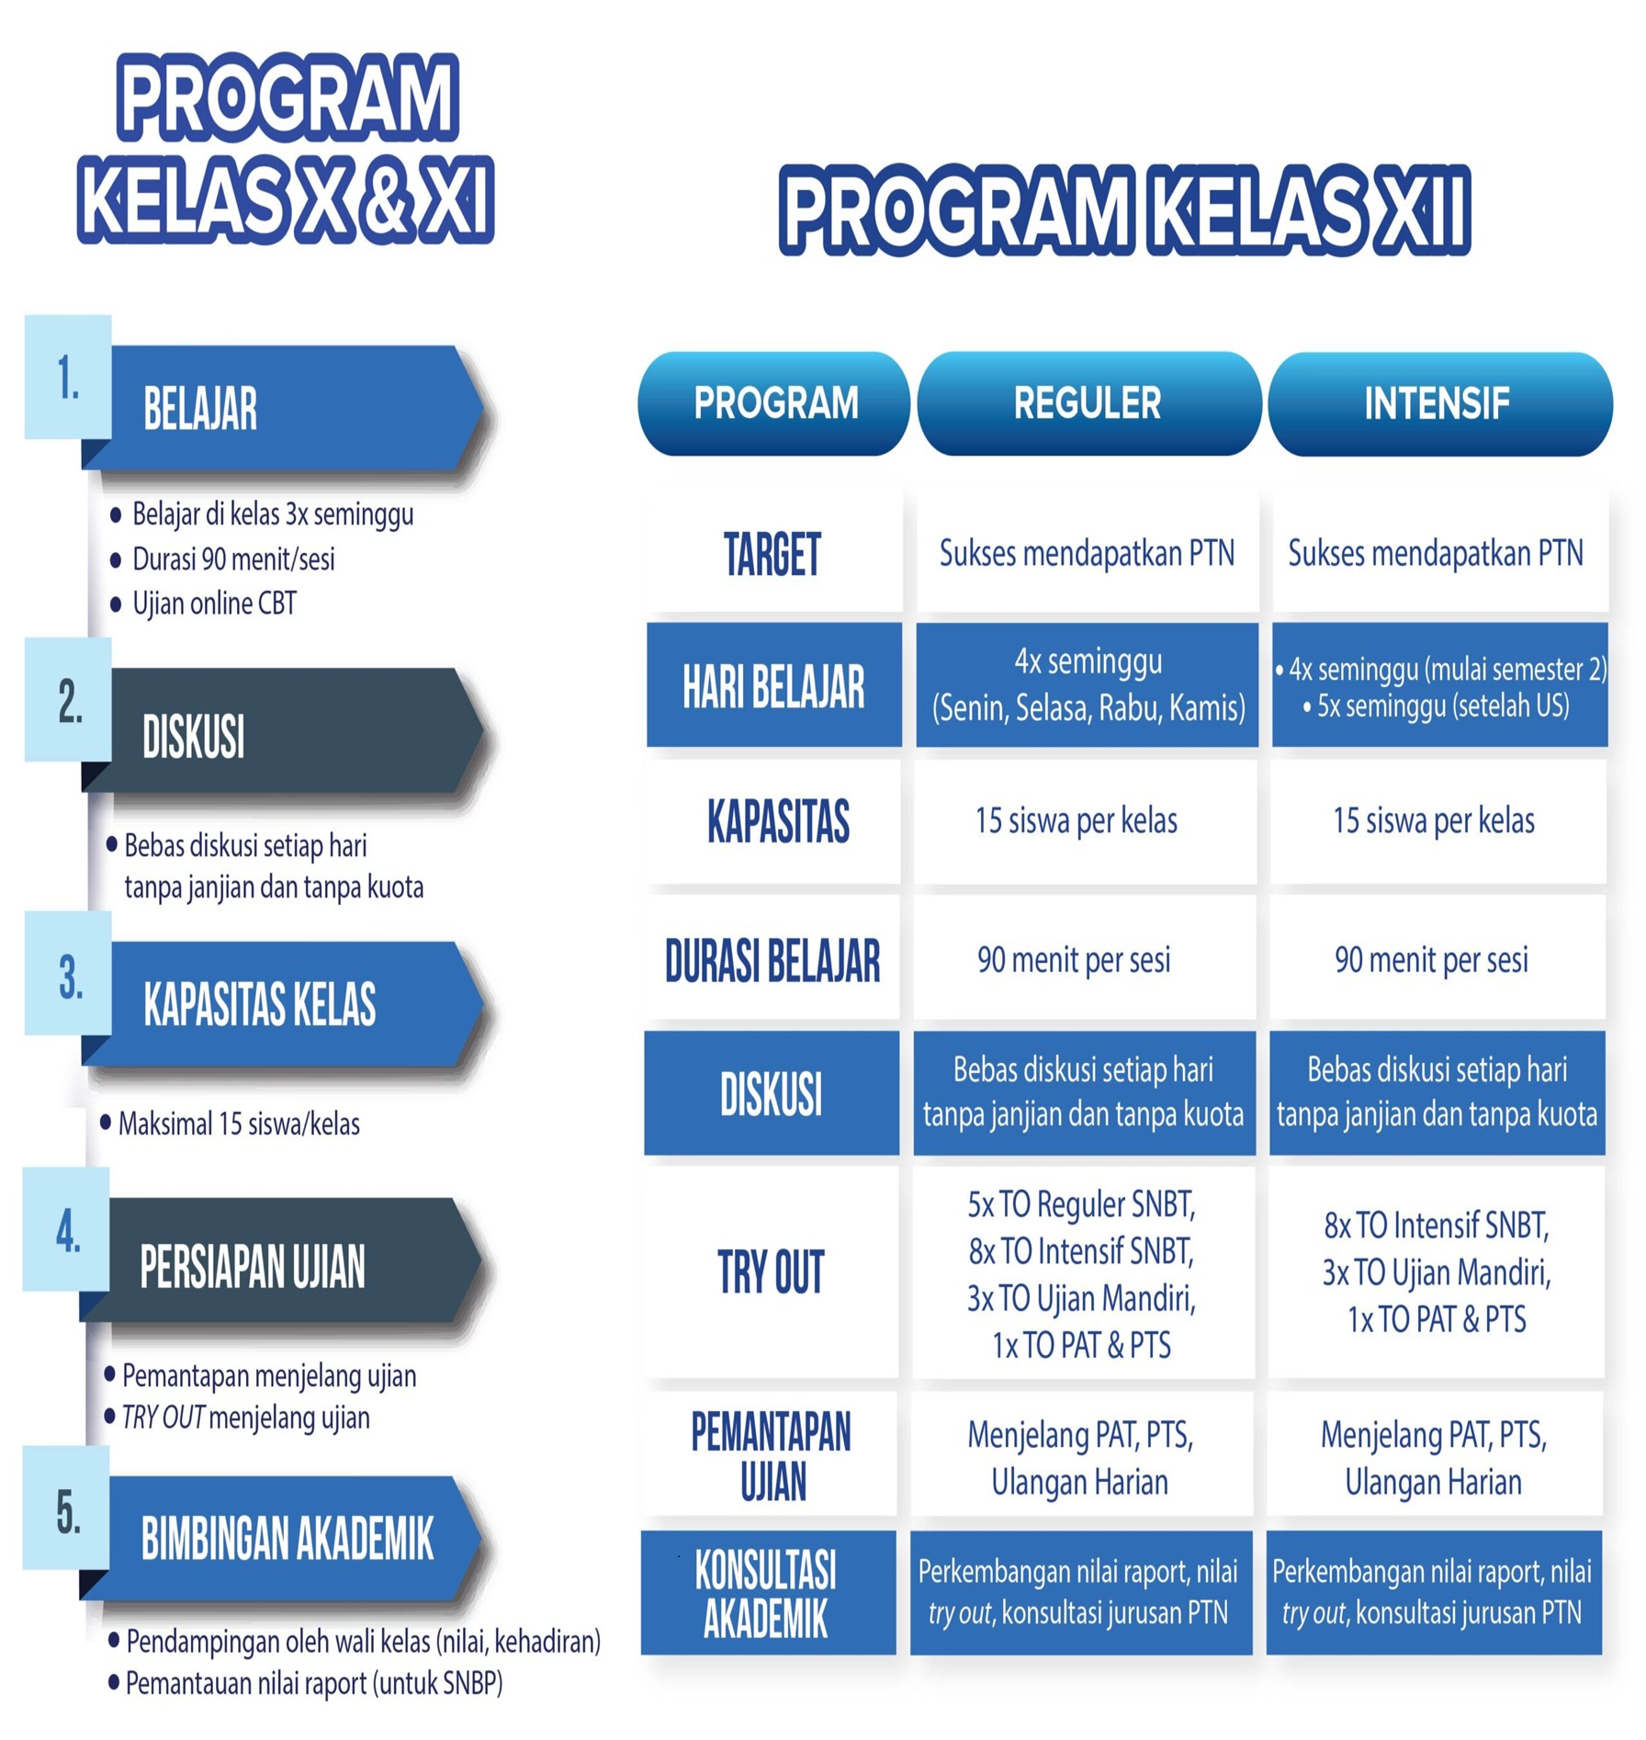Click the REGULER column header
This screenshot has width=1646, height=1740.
click(x=1088, y=403)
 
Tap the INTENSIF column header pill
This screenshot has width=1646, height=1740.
click(x=1439, y=403)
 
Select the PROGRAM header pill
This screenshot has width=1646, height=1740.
click(x=774, y=403)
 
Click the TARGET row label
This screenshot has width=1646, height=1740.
click(x=772, y=554)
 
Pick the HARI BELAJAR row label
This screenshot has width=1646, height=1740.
click(x=773, y=685)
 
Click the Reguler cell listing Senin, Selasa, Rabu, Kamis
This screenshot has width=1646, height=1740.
click(x=1088, y=685)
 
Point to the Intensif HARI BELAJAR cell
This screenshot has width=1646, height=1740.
click(x=1439, y=685)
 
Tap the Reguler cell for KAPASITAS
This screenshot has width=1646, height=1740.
click(x=1086, y=821)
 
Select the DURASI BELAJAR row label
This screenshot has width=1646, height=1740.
click(x=772, y=961)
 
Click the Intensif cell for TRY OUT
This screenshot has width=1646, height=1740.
click(x=1437, y=1272)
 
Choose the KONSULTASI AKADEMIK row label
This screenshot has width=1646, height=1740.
click(x=767, y=1593)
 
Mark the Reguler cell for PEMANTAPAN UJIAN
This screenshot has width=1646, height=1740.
click(x=1081, y=1458)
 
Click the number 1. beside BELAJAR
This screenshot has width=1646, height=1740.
click(x=68, y=378)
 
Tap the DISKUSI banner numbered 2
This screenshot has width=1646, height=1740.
click(x=284, y=731)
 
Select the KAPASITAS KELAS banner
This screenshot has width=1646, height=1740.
click(x=284, y=1003)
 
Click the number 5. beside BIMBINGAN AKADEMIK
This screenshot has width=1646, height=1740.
click(x=68, y=1512)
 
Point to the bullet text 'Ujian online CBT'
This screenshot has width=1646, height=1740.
click(x=214, y=604)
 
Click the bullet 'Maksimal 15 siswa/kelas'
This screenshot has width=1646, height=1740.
click(x=239, y=1124)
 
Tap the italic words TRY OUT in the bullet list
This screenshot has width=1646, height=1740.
click(x=163, y=1418)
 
